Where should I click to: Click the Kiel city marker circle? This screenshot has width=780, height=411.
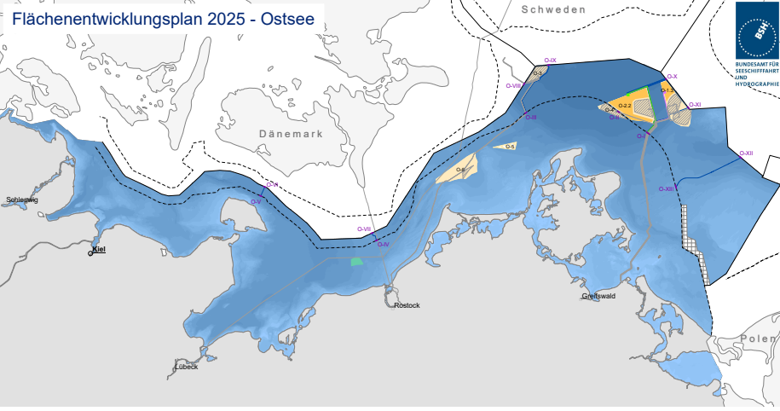[x=91, y=253]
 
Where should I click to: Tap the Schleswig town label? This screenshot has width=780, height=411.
[x=21, y=200]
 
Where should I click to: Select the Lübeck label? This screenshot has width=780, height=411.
[x=186, y=367]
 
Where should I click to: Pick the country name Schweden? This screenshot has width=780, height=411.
[x=553, y=9]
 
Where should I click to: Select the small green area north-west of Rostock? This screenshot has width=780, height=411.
[x=357, y=262]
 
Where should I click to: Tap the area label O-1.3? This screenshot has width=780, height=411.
[x=667, y=90]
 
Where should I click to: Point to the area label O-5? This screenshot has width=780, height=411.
[x=510, y=147]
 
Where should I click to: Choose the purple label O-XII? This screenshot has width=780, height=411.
[x=746, y=153]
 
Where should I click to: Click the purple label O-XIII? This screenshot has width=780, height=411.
[x=667, y=189]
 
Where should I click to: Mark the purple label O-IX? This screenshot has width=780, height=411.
[x=550, y=61]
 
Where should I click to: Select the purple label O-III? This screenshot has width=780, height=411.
[x=530, y=117]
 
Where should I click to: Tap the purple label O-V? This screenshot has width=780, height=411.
[x=255, y=201]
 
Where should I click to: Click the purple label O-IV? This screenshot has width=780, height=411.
[x=383, y=245]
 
